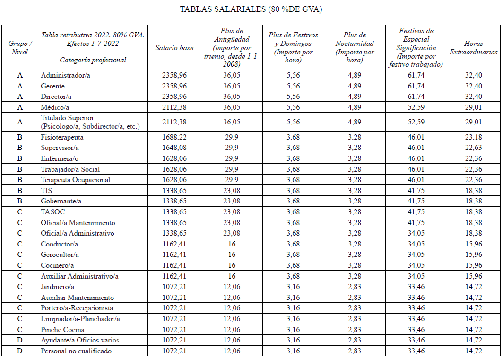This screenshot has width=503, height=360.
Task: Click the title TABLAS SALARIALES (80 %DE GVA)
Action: point(251,9)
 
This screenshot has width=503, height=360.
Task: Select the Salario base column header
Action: point(174,48)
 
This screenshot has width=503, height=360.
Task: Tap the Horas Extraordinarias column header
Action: point(473,48)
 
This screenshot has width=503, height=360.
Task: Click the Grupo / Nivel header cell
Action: point(20,48)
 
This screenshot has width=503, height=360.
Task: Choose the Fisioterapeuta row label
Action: point(62,137)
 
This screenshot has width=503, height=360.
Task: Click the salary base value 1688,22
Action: point(174,137)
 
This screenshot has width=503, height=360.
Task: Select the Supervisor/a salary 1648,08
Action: point(174,148)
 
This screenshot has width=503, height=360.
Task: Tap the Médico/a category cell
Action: point(55,107)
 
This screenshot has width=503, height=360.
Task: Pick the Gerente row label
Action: point(53,86)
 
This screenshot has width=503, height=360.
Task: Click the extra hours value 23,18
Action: point(473,137)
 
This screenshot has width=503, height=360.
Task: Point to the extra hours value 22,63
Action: point(473,148)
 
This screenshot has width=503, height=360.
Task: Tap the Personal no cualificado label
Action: point(76,351)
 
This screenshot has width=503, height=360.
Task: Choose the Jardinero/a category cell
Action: point(58,287)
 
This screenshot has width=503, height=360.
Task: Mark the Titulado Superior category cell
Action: point(67,118)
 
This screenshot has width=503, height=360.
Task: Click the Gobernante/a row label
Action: point(61,202)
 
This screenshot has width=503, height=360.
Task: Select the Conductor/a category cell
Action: point(60,244)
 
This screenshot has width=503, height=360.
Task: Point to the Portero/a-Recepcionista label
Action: point(77,308)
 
